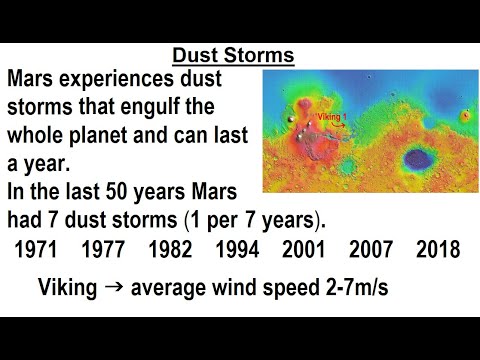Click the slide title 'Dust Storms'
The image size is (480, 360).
[232, 56]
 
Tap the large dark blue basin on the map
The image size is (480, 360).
[411, 156]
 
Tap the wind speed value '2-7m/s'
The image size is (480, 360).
[352, 289]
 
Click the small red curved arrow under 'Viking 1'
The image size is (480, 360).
[340, 126]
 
